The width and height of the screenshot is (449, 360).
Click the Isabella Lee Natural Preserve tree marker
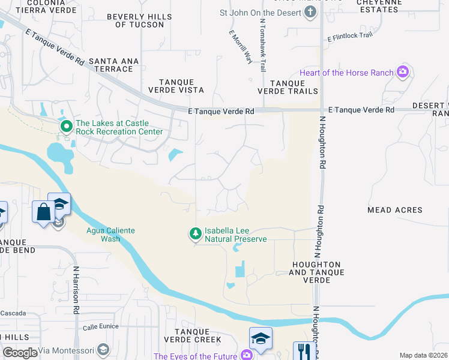195,233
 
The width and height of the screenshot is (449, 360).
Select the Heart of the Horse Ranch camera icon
403,73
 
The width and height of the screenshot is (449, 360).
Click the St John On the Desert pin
310,13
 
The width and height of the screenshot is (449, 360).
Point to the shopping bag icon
44,212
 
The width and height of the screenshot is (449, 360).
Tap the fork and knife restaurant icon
304,352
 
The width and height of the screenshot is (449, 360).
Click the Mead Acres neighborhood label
394,210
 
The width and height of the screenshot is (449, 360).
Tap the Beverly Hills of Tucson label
139,20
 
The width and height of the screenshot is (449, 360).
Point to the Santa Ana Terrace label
113,65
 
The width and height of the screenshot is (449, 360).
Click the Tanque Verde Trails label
288,87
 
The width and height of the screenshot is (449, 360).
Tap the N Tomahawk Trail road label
263,45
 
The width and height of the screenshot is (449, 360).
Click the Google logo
20,353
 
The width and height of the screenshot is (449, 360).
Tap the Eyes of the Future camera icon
247,356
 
